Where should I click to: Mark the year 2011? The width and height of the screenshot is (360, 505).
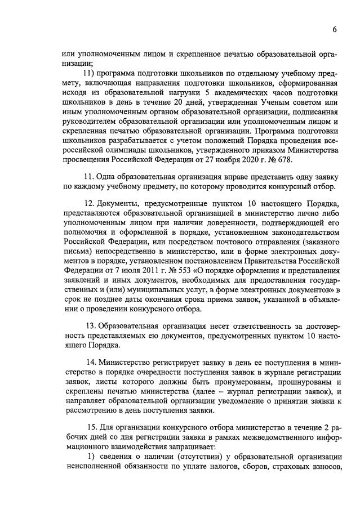(127, 271)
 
